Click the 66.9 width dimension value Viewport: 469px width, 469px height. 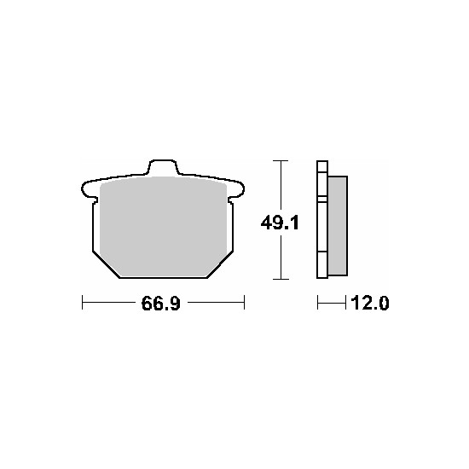161,303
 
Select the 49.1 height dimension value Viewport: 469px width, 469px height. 280,223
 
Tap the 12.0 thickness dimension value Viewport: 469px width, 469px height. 370,303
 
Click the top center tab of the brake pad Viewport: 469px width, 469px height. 162,167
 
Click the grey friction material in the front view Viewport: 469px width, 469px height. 164,226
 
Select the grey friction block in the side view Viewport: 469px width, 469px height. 338,226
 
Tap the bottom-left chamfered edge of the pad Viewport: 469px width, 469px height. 106,265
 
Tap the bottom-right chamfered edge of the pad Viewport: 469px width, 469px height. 220,264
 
